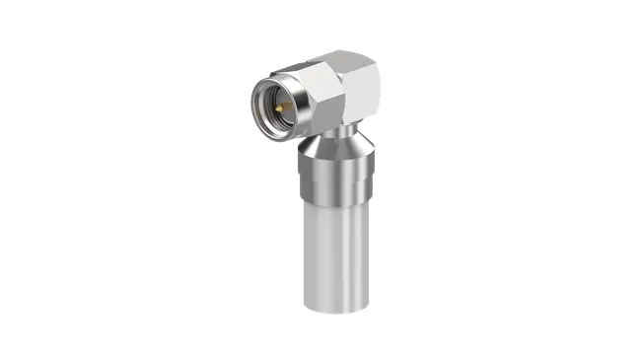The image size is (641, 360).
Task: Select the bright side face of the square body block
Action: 361,94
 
